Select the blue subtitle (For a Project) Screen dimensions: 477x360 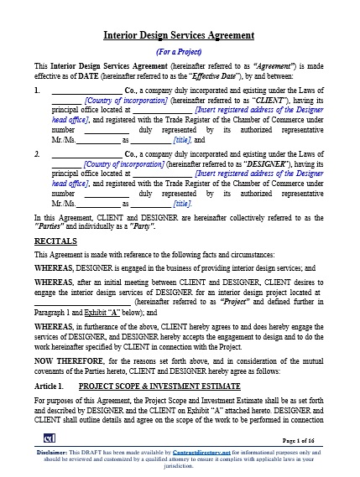[x=179, y=50]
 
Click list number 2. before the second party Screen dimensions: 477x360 [x=37, y=155]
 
